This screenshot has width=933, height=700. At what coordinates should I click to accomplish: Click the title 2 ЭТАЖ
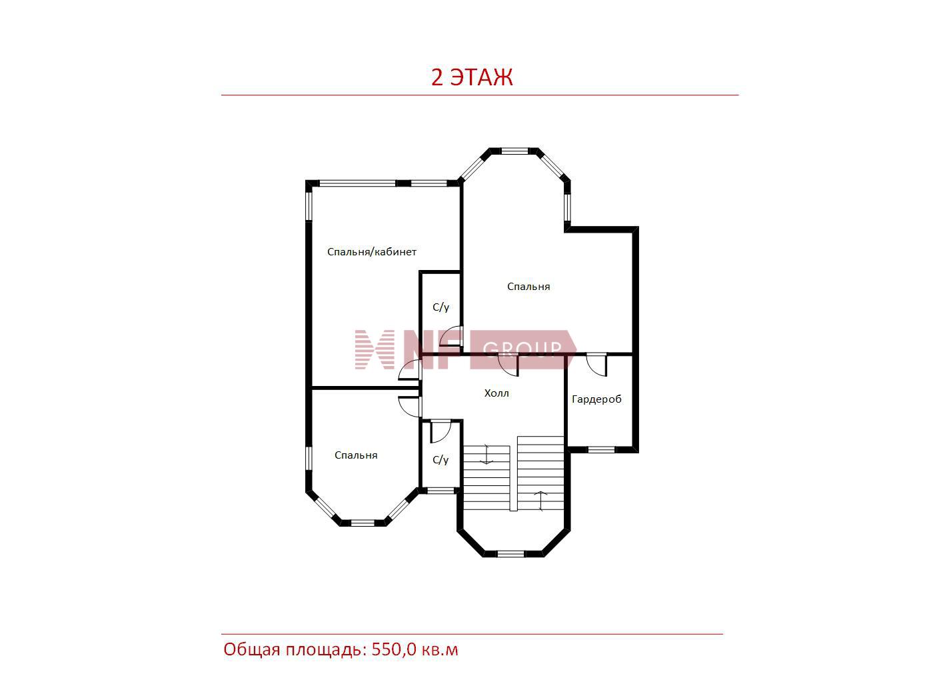point(471,77)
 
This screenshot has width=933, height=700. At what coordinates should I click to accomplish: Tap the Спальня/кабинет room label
point(371,252)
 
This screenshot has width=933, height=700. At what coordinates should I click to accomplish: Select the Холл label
point(496,393)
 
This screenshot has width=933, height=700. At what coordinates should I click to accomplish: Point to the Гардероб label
point(596,399)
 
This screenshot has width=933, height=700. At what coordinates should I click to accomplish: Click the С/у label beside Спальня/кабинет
point(441,307)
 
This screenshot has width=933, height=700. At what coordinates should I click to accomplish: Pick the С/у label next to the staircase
point(441,460)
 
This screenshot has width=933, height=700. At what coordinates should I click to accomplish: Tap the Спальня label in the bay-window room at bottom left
point(356,455)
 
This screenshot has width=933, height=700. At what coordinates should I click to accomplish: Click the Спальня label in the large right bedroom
point(528,287)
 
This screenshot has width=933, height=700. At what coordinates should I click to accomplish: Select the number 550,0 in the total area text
point(394,650)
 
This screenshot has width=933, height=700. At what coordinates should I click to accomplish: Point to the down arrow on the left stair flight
point(486,454)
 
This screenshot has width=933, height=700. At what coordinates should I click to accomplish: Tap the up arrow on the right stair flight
point(540,501)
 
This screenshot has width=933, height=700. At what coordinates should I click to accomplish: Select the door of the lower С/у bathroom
point(441,431)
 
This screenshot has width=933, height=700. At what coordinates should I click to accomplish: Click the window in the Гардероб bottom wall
point(601,449)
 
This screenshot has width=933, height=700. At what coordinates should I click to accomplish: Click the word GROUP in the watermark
point(522,349)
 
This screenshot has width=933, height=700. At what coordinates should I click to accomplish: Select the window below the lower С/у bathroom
point(441,491)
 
